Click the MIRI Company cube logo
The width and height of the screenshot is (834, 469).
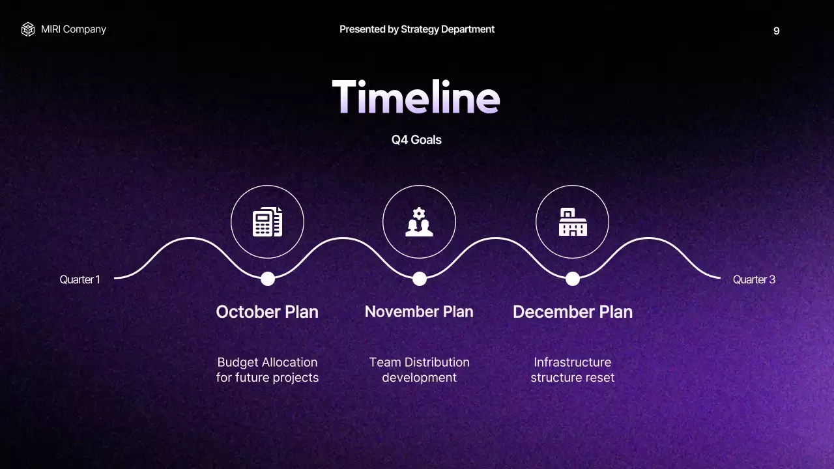pyautogui.click(x=27, y=29)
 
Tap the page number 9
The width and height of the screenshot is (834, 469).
pyautogui.click(x=776, y=31)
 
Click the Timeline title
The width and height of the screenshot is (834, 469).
pyautogui.click(x=416, y=97)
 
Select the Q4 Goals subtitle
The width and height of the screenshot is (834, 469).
pyautogui.click(x=416, y=139)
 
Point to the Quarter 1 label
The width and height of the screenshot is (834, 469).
pyautogui.click(x=79, y=279)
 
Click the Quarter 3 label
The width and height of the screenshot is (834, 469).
pyautogui.click(x=754, y=279)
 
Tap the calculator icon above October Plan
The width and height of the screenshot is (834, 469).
pyautogui.click(x=267, y=222)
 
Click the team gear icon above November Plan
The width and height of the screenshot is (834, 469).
pyautogui.click(x=419, y=222)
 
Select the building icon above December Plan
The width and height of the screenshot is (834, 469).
pyautogui.click(x=572, y=222)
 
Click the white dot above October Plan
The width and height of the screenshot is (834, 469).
pyautogui.click(x=268, y=279)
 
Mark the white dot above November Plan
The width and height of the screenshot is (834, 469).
pyautogui.click(x=420, y=279)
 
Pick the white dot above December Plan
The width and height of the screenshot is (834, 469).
pyautogui.click(x=573, y=279)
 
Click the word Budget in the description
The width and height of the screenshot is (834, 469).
pyautogui.click(x=238, y=362)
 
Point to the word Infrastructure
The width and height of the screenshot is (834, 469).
pyautogui.click(x=572, y=362)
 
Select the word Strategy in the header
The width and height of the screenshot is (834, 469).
pyautogui.click(x=420, y=29)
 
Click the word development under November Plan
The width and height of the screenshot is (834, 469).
pyautogui.click(x=419, y=378)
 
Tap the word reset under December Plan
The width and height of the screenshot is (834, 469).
pyautogui.click(x=599, y=378)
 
